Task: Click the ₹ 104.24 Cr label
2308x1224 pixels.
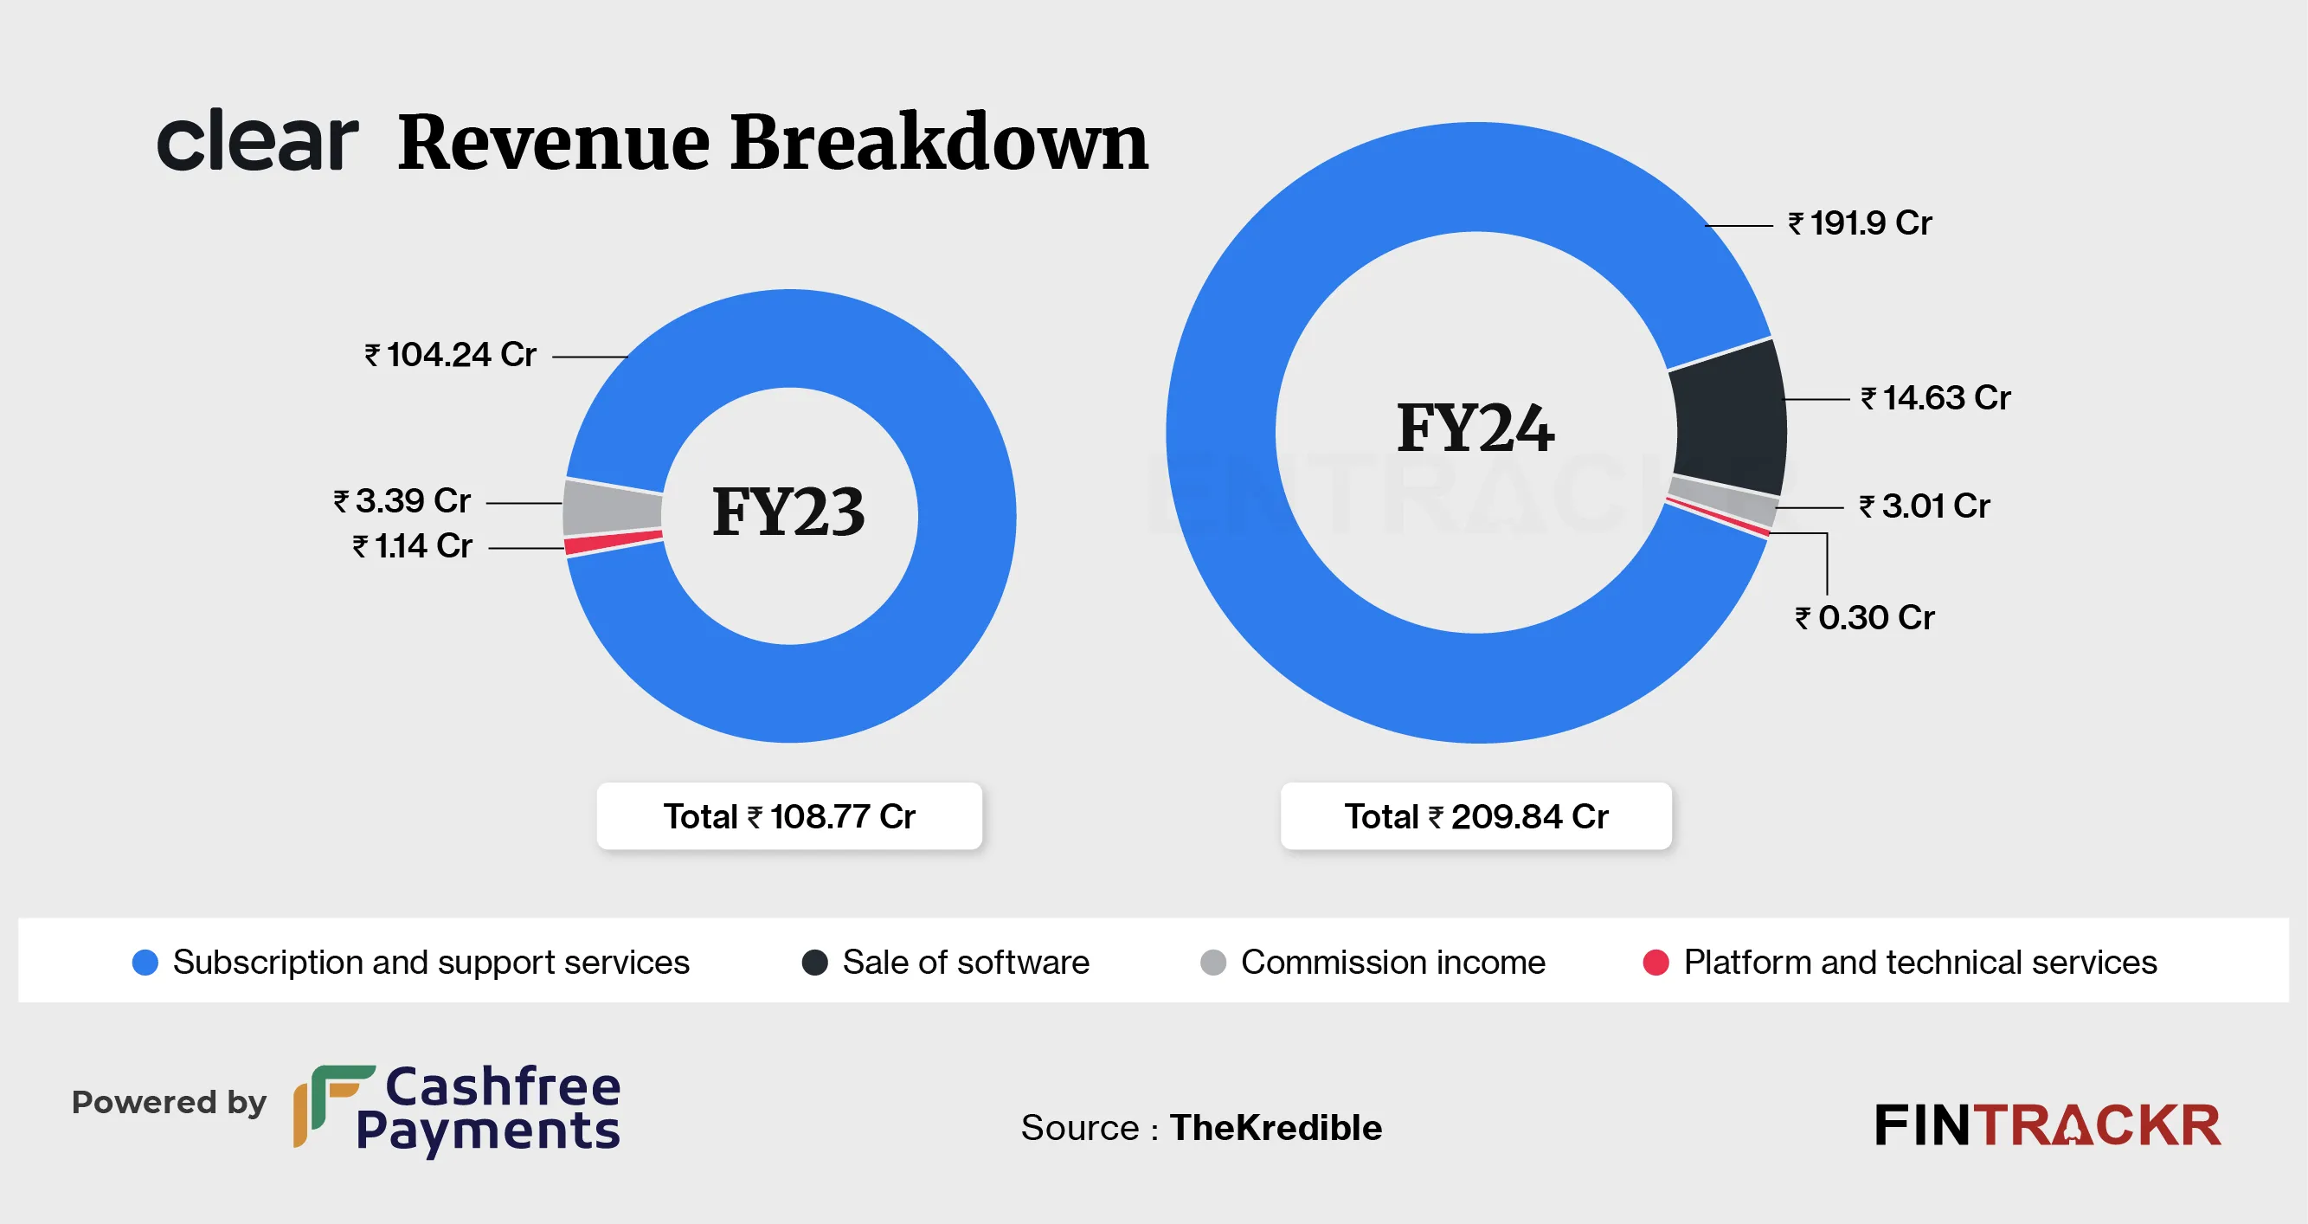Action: (x=450, y=355)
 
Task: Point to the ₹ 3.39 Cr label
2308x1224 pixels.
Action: (x=402, y=501)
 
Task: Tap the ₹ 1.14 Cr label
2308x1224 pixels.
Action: (x=412, y=545)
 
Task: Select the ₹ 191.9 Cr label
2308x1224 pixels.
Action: (x=1860, y=223)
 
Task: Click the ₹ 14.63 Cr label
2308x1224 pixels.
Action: (x=1935, y=398)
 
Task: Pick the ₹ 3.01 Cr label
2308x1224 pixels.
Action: (x=1924, y=506)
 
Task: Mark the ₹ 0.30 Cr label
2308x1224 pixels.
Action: (x=1865, y=617)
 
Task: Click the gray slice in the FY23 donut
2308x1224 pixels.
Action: (x=612, y=507)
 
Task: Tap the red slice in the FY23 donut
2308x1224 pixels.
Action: (x=613, y=541)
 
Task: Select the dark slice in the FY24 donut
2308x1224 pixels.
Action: (x=1727, y=416)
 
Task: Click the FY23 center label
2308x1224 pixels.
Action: (x=788, y=512)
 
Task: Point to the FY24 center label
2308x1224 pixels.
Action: (x=1475, y=428)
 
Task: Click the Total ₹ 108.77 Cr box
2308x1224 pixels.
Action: (x=789, y=816)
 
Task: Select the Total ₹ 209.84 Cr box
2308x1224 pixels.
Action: (x=1475, y=816)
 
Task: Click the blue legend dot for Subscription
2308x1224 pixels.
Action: (x=145, y=963)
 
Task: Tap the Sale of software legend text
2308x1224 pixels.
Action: (x=966, y=963)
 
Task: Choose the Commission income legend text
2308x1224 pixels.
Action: (x=1393, y=963)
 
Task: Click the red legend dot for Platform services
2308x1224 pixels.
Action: (x=1655, y=963)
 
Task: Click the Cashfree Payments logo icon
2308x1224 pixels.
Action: (x=331, y=1105)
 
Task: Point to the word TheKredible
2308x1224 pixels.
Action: (x=1276, y=1128)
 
